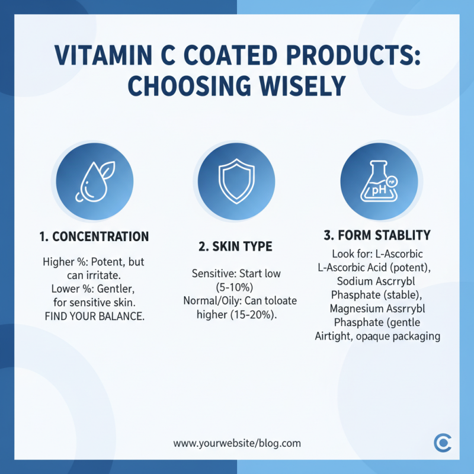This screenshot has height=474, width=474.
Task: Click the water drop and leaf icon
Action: coord(94,181)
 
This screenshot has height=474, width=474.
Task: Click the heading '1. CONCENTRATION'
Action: coord(94,237)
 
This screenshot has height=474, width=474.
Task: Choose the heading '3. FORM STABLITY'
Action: coord(378,235)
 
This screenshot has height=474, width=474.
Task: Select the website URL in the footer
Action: coord(237,443)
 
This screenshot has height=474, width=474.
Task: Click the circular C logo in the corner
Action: coord(442,443)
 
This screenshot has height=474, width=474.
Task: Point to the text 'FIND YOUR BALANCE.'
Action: coord(94,316)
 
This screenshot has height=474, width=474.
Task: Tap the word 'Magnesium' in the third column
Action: coord(348,309)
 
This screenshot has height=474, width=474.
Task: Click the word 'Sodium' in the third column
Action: coord(353,280)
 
